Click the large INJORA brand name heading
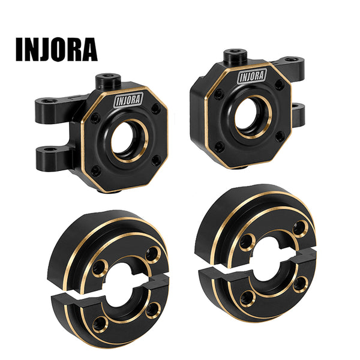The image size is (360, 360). point(56,49)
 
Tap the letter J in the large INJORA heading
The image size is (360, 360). point(45,49)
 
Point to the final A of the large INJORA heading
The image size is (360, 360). point(89,49)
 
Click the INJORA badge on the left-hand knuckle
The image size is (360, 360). point(128,100)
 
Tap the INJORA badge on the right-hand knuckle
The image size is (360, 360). point(252,76)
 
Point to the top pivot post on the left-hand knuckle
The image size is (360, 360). point(108,81)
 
